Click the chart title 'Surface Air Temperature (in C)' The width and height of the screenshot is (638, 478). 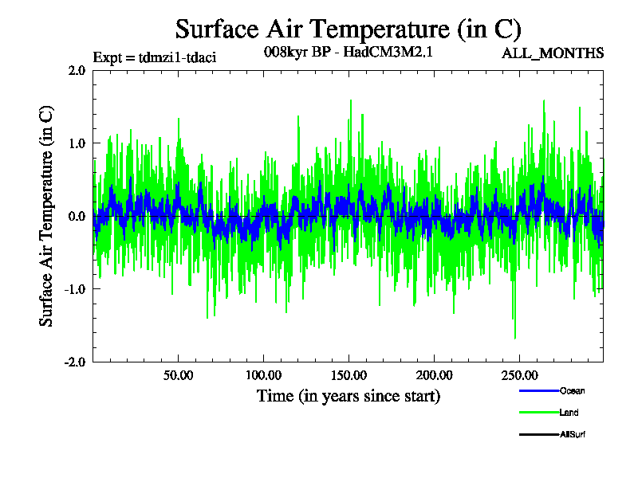(348, 29)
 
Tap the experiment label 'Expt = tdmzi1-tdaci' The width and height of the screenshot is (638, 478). (155, 57)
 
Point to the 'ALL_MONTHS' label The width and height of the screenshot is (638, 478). (552, 53)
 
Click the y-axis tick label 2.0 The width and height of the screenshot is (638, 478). (77, 70)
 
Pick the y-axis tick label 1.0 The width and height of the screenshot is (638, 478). (77, 143)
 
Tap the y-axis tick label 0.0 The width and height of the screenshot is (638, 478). (77, 216)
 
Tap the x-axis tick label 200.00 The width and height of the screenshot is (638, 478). (433, 374)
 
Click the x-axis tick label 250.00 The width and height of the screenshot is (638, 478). (518, 374)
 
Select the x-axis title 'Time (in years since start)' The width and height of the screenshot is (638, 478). (348, 395)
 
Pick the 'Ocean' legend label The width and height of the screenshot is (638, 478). (573, 390)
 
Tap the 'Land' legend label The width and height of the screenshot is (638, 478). (569, 412)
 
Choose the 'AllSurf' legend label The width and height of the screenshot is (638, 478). (573, 434)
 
